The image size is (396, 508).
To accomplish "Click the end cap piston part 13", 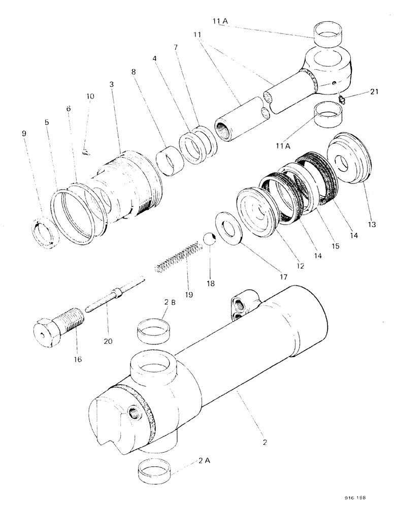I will pos(350,161).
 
